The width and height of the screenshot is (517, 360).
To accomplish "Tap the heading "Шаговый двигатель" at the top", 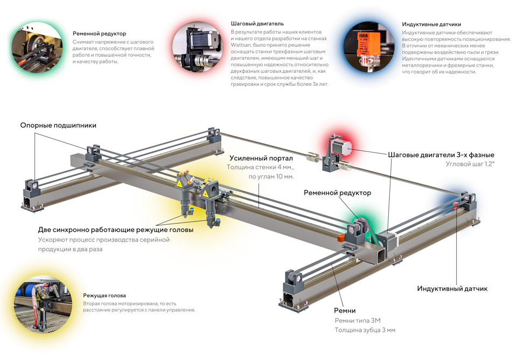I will [x=257, y=24].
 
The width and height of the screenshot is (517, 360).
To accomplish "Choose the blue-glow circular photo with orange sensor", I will [x=368, y=47].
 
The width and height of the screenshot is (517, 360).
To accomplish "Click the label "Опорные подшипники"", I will [x=58, y=126].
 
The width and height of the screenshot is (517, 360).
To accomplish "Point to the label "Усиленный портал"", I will [x=261, y=158].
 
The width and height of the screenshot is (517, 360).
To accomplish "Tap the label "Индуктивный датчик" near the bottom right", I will [x=452, y=289].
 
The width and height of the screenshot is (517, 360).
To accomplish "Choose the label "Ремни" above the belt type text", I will [x=345, y=310].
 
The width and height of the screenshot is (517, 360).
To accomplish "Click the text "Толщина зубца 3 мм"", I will [x=365, y=330].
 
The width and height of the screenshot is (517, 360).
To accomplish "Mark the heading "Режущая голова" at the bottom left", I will [x=104, y=295].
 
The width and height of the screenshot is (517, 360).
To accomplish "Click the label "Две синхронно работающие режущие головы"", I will [x=115, y=230].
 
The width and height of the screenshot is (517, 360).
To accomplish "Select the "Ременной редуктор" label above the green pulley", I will [x=337, y=192].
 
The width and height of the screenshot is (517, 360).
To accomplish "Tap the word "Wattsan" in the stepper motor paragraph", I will [x=241, y=45].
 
